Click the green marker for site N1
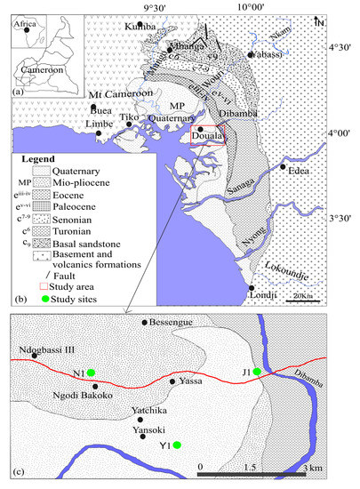(91, 373)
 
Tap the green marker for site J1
(257, 371)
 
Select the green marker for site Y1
(177, 445)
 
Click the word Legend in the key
(38, 156)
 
